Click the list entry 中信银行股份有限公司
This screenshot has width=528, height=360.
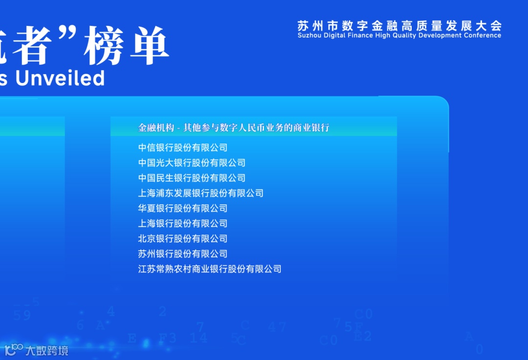click(x=183, y=148)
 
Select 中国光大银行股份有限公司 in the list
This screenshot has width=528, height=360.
click(x=192, y=163)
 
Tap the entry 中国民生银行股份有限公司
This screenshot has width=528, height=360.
click(x=192, y=178)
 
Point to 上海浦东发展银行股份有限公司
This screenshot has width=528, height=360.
click(x=200, y=193)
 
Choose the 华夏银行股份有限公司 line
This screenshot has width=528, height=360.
click(x=183, y=208)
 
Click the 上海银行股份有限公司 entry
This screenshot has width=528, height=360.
click(x=183, y=223)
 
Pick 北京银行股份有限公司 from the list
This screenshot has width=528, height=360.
click(x=183, y=238)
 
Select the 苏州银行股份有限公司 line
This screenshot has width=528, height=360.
click(x=183, y=254)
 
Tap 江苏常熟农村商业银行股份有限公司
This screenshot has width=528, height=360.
click(x=210, y=269)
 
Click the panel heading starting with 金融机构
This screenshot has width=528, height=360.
click(x=234, y=128)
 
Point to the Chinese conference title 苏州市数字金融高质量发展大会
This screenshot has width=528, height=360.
click(x=399, y=25)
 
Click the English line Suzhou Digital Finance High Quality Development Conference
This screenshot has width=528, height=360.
click(x=399, y=36)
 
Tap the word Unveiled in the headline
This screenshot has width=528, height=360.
click(x=60, y=78)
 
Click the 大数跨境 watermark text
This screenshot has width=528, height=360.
click(x=47, y=350)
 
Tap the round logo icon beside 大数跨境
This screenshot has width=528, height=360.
click(x=14, y=350)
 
